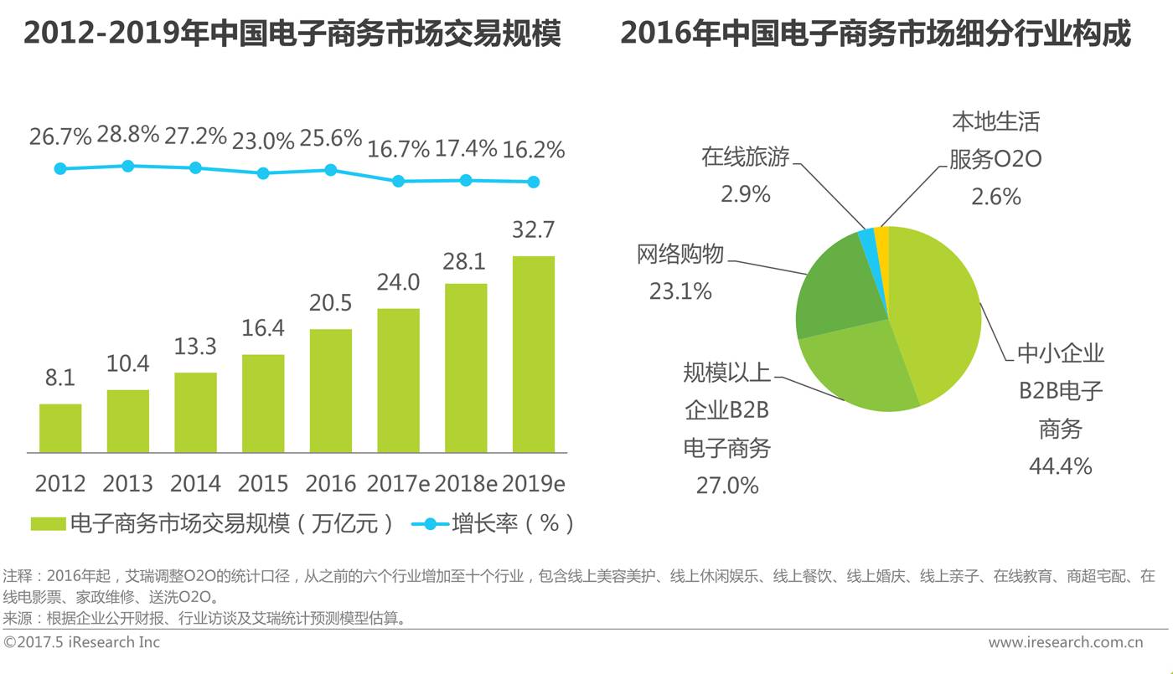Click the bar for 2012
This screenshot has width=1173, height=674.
(x=60, y=428)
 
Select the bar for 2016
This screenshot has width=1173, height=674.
(x=330, y=390)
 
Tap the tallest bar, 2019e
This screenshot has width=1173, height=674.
(x=533, y=354)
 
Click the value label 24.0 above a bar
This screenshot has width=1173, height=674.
(x=398, y=283)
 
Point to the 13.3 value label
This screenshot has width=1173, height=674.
(x=195, y=346)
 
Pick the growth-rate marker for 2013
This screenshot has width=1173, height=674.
(x=127, y=166)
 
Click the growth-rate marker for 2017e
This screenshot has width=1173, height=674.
(x=398, y=181)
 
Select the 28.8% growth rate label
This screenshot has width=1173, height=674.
(x=127, y=134)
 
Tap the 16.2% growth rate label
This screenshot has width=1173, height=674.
(x=533, y=150)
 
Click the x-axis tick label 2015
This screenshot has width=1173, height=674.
(x=263, y=484)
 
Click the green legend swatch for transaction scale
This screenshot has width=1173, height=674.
(x=48, y=524)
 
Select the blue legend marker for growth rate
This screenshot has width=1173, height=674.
(x=430, y=524)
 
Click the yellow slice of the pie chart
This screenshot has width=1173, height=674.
(x=881, y=239)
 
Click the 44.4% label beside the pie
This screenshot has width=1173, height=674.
(x=1060, y=466)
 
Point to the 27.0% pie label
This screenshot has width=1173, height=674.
(x=727, y=485)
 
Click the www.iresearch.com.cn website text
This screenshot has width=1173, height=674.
(x=1066, y=643)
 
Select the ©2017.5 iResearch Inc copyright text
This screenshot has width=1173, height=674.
(x=82, y=642)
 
